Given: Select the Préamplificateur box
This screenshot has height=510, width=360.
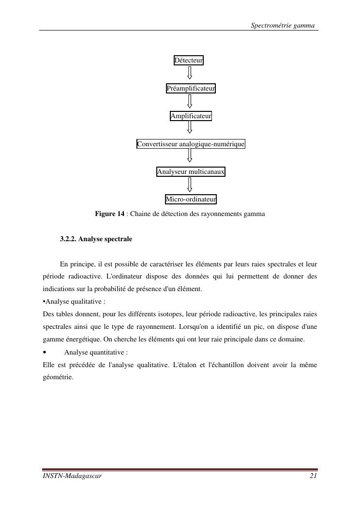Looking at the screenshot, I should tap(191, 89).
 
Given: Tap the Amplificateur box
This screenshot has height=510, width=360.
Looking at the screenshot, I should tap(191, 116).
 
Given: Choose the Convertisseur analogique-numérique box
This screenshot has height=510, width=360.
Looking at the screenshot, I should tap(191, 144).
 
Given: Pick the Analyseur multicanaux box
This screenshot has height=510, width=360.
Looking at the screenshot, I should tap(191, 172).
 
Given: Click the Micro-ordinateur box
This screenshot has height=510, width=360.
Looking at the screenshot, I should tap(191, 200).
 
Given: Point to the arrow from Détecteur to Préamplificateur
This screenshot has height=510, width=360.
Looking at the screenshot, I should tap(190, 73).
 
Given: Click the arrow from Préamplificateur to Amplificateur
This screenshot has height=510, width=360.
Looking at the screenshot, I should tap(190, 101).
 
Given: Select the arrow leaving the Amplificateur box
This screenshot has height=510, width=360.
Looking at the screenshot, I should tap(190, 129).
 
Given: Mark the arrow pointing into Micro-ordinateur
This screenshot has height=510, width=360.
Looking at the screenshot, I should tap(190, 185).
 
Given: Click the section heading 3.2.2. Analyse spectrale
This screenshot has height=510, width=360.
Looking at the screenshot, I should tap(96, 239).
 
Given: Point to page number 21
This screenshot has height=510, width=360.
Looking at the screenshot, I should tap(313, 477).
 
